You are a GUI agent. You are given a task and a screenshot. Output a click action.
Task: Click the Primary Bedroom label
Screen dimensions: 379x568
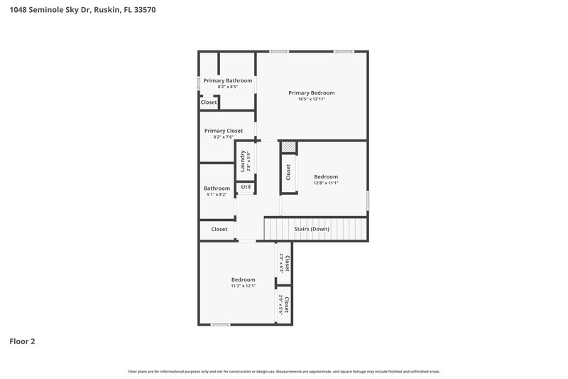[311, 92]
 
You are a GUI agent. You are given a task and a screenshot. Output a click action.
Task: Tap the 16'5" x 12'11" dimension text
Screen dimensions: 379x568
[311, 100]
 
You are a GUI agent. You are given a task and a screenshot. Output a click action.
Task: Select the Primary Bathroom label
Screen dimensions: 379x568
[228, 80]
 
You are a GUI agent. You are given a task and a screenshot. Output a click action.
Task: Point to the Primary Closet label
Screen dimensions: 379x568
[224, 130]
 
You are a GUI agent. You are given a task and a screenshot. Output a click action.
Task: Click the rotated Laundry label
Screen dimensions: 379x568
[243, 161]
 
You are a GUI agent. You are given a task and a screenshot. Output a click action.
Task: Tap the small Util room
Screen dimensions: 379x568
[246, 187]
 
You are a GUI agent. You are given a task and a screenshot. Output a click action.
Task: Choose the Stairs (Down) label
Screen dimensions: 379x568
[312, 229]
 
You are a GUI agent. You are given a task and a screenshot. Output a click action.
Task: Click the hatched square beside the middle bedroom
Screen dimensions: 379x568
[288, 147]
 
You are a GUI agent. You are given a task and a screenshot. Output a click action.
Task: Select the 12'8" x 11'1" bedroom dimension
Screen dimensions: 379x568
[326, 183]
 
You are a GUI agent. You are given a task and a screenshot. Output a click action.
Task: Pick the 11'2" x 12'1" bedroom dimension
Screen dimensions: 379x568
[243, 286]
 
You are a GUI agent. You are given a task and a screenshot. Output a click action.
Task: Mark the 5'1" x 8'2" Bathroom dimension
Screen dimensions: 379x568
[217, 195]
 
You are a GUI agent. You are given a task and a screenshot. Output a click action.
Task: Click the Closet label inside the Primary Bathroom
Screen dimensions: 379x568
[209, 102]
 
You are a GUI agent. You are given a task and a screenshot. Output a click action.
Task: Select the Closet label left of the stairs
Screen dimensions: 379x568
[219, 229]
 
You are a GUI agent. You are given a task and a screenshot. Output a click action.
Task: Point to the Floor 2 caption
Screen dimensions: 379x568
[22, 341]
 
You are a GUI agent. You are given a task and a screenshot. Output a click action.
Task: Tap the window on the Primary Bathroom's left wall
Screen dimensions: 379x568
[199, 82]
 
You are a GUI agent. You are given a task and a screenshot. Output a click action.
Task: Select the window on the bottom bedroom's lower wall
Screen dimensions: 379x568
[220, 325]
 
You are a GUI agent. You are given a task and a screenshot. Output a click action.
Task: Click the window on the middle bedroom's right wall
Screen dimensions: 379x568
[368, 200]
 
